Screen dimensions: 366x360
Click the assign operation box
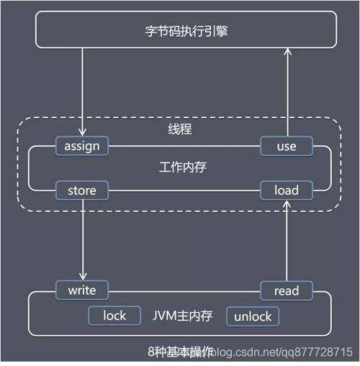[82, 147]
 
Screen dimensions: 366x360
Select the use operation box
[287, 147]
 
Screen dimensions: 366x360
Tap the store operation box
[82, 191]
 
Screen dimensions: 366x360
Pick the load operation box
[287, 191]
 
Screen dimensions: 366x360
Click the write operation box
[82, 290]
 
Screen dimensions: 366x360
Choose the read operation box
[287, 290]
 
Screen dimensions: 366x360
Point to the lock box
[114, 316]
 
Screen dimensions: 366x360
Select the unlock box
[253, 316]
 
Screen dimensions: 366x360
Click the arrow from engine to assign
[82, 93]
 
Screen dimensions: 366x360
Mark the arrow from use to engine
[287, 93]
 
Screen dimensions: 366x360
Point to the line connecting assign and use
[184, 147]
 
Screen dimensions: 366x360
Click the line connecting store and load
[184, 191]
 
